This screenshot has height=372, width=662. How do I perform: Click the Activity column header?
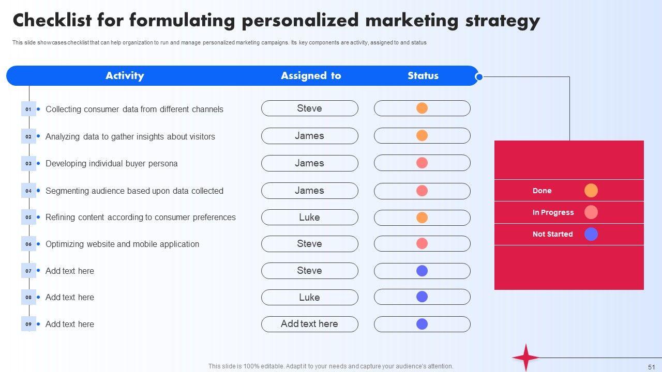point(125,76)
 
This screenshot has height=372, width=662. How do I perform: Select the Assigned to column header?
point(311,76)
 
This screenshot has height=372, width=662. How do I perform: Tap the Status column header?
point(423,76)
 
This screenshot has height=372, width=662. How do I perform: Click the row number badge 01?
point(28,109)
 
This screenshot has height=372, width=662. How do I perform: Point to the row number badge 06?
point(28,244)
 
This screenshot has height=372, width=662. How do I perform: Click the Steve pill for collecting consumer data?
point(309,109)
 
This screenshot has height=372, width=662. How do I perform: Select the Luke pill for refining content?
point(309,218)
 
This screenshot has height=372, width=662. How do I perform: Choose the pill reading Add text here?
point(309,324)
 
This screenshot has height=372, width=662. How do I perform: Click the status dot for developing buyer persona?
point(422,163)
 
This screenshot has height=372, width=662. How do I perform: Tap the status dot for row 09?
point(422,324)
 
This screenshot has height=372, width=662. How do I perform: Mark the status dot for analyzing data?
point(422,136)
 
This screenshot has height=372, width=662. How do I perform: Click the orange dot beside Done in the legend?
point(591,191)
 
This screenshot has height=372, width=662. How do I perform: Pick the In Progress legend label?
point(553,212)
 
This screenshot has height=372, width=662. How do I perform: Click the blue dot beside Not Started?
point(591,234)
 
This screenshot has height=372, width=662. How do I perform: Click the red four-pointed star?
point(526,357)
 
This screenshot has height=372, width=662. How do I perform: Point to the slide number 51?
point(651,366)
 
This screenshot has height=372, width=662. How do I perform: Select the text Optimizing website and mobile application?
point(122,244)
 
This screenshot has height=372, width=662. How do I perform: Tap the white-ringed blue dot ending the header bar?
point(479,77)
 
